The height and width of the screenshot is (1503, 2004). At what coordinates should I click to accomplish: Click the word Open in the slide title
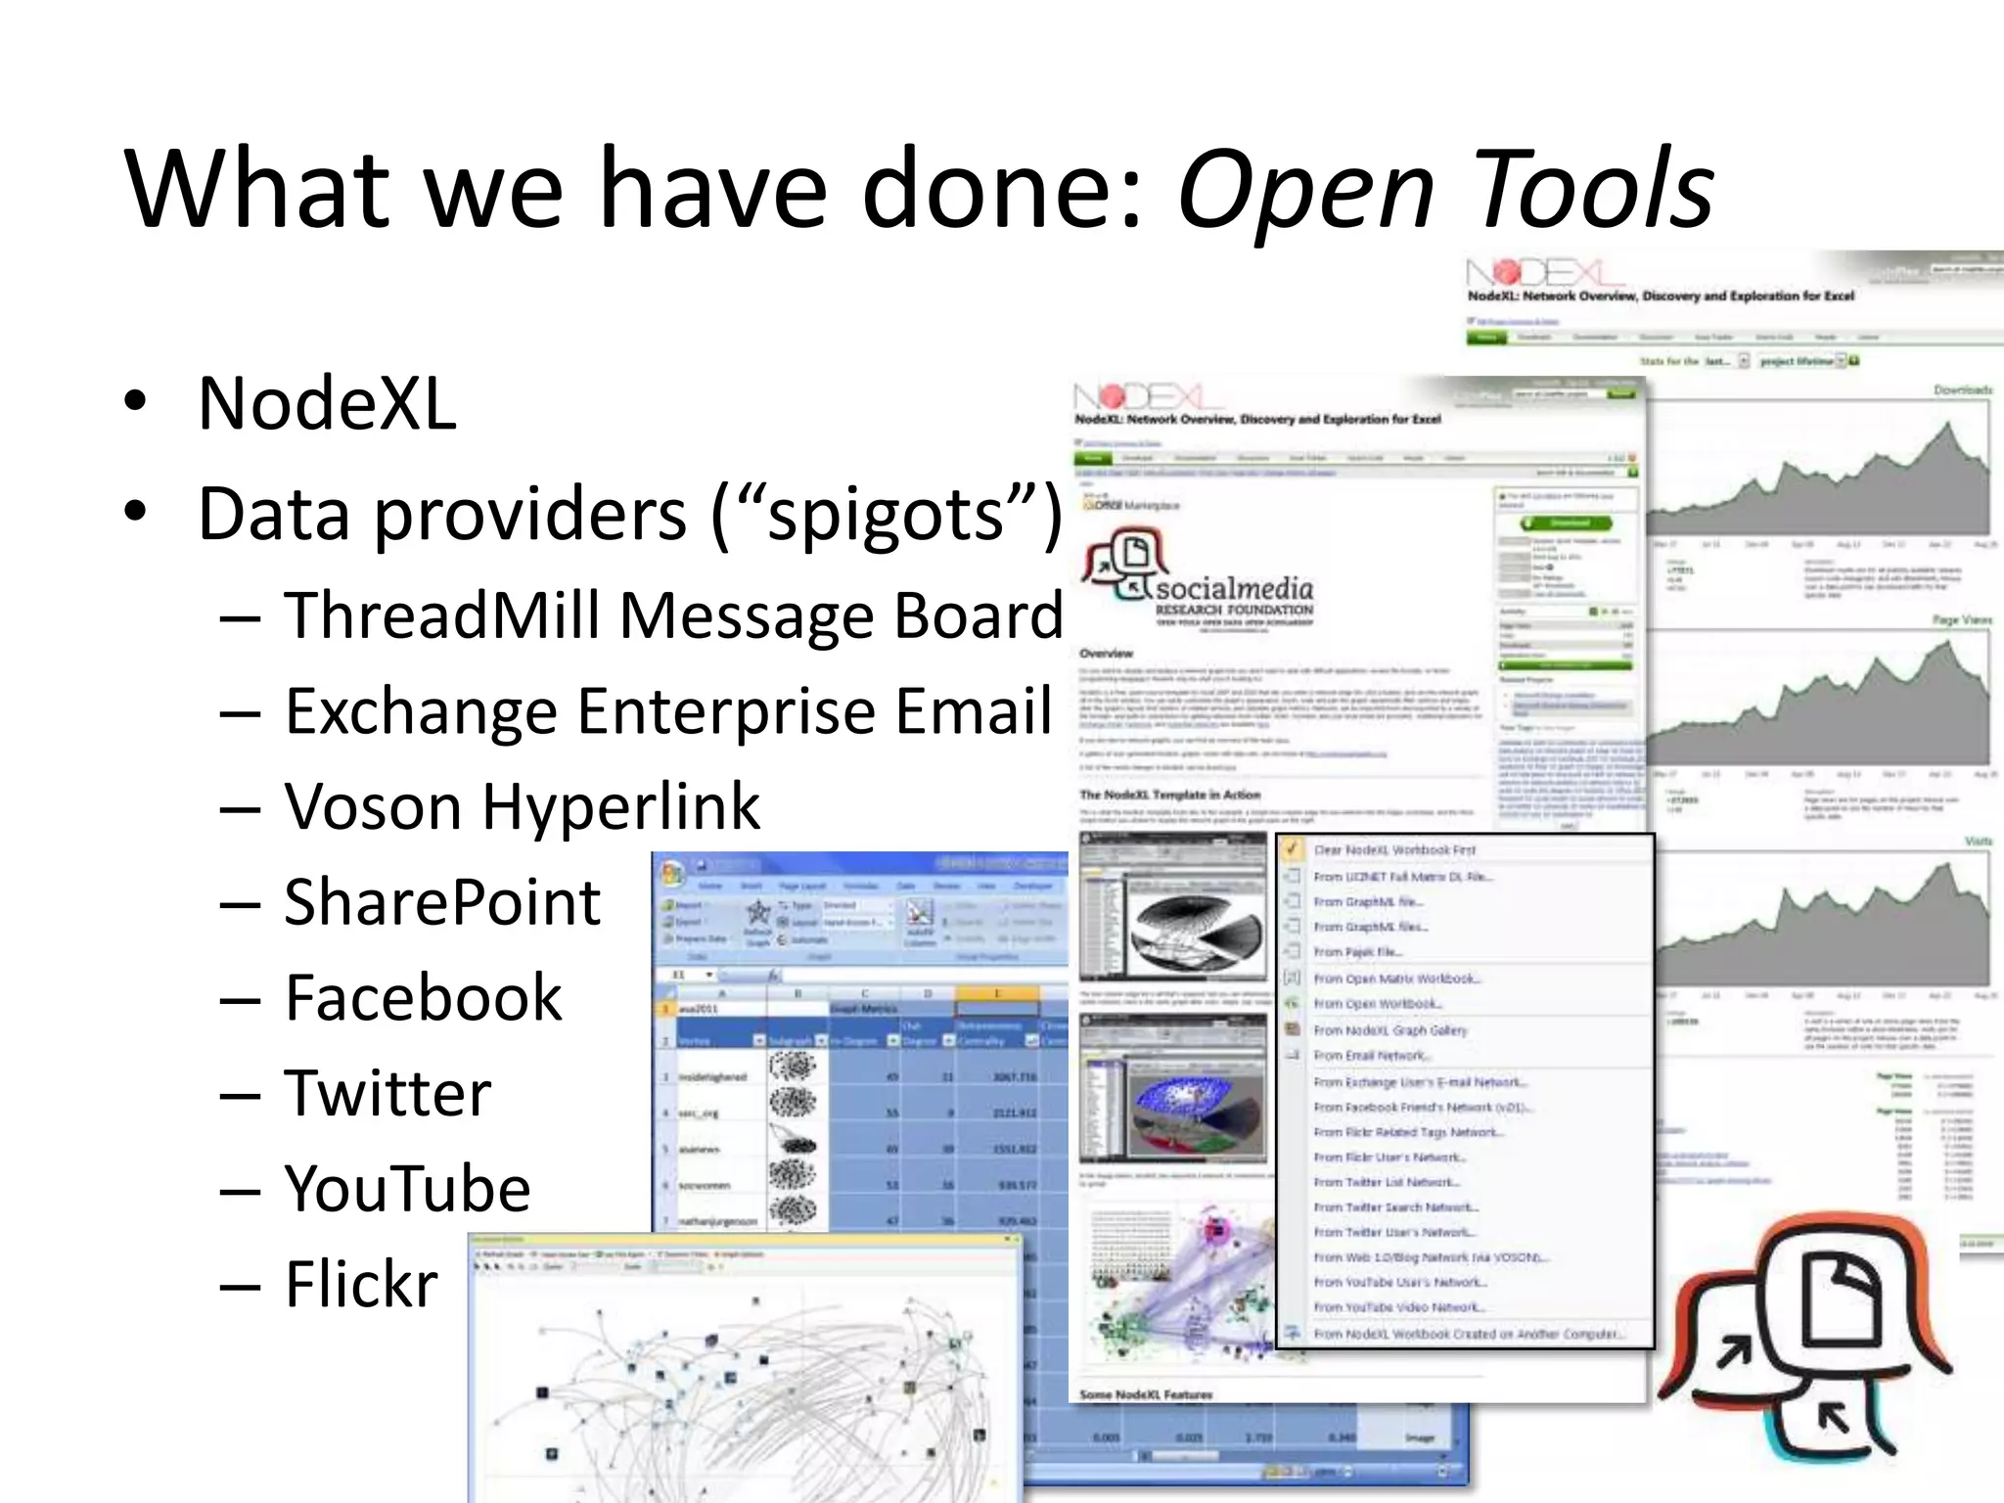(1304, 191)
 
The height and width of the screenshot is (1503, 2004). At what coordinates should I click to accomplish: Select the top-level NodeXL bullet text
(327, 403)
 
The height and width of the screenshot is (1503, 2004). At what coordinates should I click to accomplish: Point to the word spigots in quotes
(887, 514)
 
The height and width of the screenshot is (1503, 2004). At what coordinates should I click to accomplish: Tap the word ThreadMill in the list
(445, 615)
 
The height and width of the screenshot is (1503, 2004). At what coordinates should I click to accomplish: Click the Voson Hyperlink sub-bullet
(522, 807)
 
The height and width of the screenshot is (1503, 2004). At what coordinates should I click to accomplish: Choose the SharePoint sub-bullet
(442, 902)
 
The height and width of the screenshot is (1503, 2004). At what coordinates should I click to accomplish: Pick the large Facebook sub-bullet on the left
(423, 998)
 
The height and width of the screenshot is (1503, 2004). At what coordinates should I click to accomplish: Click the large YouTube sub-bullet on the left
(407, 1189)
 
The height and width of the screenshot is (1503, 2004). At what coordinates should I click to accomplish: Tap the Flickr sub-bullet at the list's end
(361, 1284)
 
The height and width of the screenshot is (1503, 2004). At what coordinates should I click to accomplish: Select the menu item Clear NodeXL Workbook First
(1393, 850)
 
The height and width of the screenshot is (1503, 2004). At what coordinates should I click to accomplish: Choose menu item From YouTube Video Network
(1399, 1307)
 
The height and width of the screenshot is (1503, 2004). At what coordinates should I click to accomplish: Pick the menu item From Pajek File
(1357, 951)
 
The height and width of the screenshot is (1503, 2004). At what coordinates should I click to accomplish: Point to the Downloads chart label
(1962, 390)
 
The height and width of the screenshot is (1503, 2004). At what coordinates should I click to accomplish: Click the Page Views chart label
(1962, 620)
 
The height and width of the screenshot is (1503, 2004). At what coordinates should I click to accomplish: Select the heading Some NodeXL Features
(1146, 1394)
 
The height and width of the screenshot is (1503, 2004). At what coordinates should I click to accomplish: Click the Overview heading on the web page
(1106, 653)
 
